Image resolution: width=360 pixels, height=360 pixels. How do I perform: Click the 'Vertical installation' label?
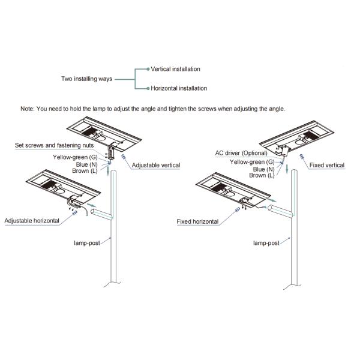[x=175, y=69]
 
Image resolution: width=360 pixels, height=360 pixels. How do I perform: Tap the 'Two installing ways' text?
[x=86, y=79]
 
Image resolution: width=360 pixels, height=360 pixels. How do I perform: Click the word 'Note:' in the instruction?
[x=28, y=109]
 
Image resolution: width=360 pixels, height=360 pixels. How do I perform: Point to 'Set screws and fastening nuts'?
[x=52, y=146]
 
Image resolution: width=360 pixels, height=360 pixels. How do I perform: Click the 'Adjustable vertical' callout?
[x=155, y=164]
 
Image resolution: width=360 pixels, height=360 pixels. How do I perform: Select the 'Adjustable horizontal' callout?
[x=32, y=221]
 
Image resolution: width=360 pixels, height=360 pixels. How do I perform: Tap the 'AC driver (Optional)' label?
[x=241, y=153]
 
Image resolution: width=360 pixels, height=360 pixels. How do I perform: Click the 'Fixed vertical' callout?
[x=326, y=164]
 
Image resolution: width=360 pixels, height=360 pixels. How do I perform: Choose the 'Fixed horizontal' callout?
[x=198, y=221]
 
